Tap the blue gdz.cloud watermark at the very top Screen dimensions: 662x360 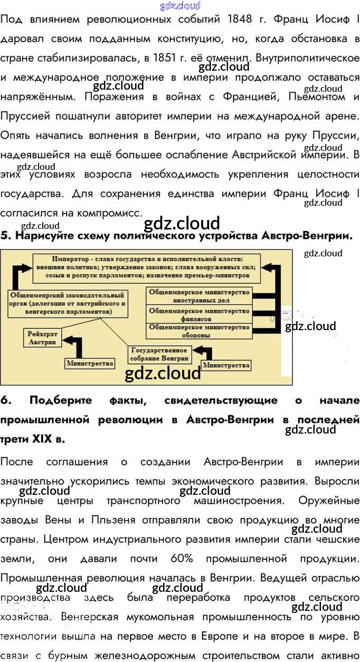(180, 6)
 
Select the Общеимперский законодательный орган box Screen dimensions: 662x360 (67, 303)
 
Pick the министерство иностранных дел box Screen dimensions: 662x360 (200, 295)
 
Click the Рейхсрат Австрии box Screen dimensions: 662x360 (42, 338)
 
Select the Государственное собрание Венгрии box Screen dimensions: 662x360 (159, 354)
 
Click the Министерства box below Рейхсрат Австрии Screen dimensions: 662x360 (90, 363)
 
